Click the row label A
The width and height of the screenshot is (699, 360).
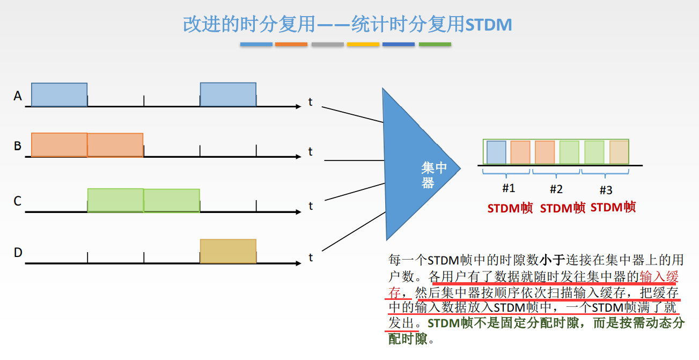[x=18, y=96]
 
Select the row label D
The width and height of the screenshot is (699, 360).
[x=18, y=252]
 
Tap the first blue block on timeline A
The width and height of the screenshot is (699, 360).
[x=59, y=95]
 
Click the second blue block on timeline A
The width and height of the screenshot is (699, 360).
[x=228, y=95]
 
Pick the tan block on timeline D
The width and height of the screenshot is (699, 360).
[x=228, y=251]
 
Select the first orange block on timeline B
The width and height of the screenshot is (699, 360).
[x=59, y=145]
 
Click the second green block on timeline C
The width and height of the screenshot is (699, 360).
[x=172, y=201]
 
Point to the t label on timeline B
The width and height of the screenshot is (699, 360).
[x=310, y=152]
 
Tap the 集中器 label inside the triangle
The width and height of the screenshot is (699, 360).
[x=433, y=175]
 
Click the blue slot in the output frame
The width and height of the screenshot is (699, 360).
[x=496, y=152]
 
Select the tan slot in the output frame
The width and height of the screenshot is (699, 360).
[x=619, y=152]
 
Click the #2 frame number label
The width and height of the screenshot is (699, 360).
[x=556, y=189]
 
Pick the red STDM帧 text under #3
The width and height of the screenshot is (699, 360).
[x=613, y=207]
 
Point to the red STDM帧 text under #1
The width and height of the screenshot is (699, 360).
[x=510, y=208]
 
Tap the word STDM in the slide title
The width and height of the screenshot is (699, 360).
[x=488, y=25]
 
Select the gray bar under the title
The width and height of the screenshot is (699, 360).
[x=327, y=44]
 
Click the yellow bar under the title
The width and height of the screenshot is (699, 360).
[x=363, y=44]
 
